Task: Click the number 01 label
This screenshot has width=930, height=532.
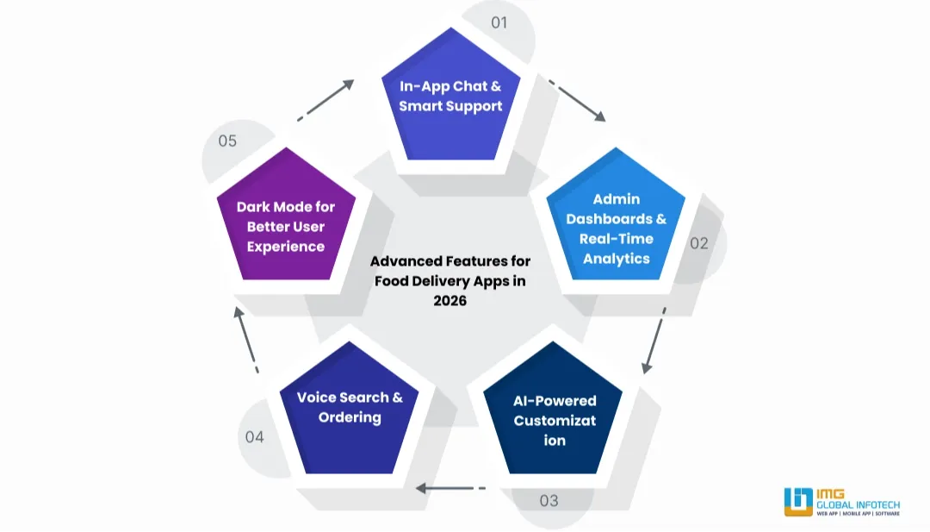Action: pyautogui.click(x=499, y=22)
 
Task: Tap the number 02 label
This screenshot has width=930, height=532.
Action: pyautogui.click(x=698, y=243)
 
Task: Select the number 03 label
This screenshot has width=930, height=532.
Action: pyautogui.click(x=549, y=500)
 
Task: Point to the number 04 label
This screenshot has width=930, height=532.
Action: pyautogui.click(x=254, y=436)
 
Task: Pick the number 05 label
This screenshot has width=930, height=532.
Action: pyautogui.click(x=227, y=141)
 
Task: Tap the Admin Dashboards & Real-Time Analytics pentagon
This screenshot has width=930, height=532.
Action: pyautogui.click(x=616, y=228)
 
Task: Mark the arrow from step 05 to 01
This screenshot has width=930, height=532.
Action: pyautogui.click(x=326, y=99)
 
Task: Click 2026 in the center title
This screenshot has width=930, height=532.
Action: pyautogui.click(x=449, y=300)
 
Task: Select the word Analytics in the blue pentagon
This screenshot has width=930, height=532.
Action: pyautogui.click(x=616, y=258)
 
